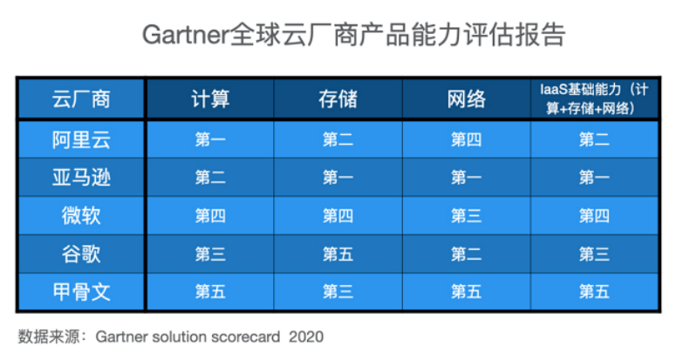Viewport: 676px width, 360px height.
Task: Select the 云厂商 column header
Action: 80,98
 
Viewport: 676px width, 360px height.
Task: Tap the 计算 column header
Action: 209,98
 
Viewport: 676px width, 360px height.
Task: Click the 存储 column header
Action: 338,98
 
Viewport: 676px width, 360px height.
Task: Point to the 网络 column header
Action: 466,98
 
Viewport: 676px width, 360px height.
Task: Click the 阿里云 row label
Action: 80,139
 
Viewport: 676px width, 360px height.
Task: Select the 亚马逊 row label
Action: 80,178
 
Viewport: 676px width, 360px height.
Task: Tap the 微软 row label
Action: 80,215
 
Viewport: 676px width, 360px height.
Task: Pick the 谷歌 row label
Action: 80,254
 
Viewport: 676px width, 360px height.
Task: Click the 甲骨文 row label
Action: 80,292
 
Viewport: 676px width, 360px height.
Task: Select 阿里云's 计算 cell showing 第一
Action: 209,139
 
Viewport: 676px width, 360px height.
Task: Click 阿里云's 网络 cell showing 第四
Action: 466,139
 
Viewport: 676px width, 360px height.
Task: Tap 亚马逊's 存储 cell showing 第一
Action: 338,178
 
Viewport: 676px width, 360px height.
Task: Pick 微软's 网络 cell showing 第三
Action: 466,215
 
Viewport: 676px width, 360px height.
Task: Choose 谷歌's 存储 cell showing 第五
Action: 338,254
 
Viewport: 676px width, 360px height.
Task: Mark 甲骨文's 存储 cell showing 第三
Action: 338,292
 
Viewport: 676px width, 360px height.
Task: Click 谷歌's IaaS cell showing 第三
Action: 594,254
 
